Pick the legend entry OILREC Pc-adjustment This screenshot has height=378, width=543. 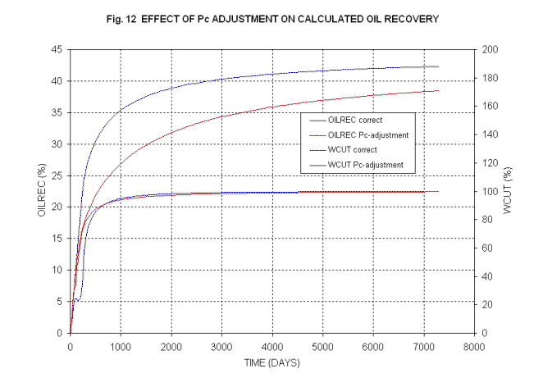click(367, 134)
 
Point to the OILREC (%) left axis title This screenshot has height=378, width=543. click(40, 191)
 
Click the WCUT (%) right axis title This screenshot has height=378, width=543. click(506, 192)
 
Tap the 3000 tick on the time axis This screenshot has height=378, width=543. click(221, 345)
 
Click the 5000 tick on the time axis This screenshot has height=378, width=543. click(322, 345)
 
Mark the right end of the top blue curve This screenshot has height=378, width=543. click(439, 66)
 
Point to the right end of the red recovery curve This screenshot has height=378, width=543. click(439, 90)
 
